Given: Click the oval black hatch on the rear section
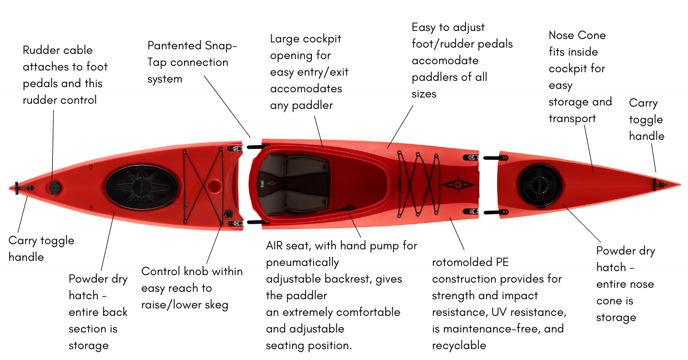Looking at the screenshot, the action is [x=142, y=187].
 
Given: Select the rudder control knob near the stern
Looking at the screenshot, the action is [x=54, y=187].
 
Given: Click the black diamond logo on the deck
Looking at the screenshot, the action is [x=458, y=185].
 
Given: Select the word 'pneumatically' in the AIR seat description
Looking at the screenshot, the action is [x=302, y=263].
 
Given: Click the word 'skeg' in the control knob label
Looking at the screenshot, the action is [x=216, y=304].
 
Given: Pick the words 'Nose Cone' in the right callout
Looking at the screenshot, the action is [x=577, y=36].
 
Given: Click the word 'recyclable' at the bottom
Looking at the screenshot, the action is [x=459, y=345].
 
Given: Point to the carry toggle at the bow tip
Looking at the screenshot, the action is [x=658, y=183].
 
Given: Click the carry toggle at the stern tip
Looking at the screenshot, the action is [x=17, y=187].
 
